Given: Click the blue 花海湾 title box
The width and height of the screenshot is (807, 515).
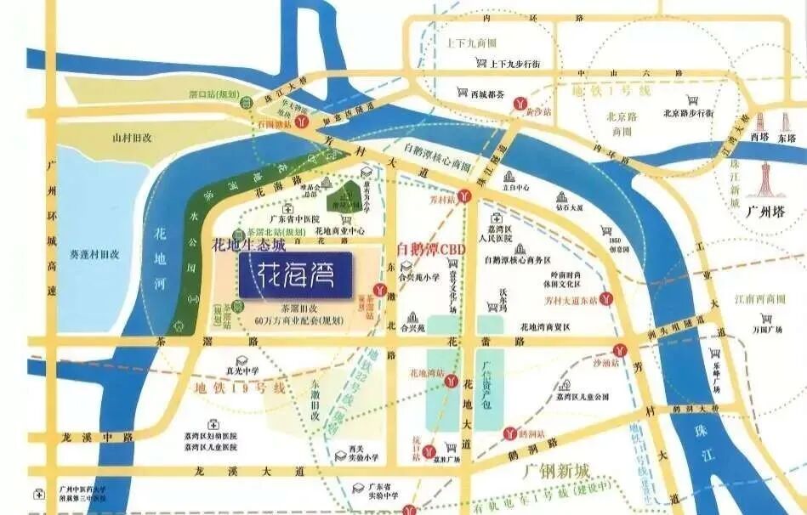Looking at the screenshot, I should click(295, 274).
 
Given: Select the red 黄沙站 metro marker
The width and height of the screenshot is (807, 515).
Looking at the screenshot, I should click(518, 103).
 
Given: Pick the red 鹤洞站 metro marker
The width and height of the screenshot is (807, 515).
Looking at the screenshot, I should click(509, 433).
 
